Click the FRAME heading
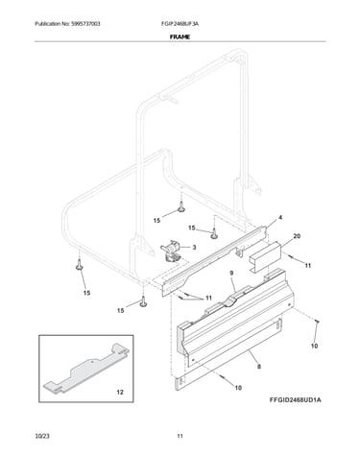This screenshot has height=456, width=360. point(180,36)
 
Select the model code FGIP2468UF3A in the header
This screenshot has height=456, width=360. point(180,24)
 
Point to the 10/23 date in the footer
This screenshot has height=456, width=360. point(42,436)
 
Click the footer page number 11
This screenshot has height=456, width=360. point(180,436)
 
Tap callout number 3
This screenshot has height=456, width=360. point(194,248)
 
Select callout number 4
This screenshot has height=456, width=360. point(280,218)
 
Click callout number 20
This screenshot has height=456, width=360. point(297,236)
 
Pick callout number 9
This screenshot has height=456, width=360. point(231,273)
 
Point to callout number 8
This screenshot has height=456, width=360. point(259,367)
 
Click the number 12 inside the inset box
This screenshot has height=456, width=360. point(120,392)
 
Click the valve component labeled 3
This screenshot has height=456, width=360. point(171,252)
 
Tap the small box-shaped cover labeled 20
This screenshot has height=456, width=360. point(265,257)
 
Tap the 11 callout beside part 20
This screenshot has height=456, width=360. point(308,266)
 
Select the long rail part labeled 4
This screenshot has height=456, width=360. point(214,261)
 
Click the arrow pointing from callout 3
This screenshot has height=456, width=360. point(184,248)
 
